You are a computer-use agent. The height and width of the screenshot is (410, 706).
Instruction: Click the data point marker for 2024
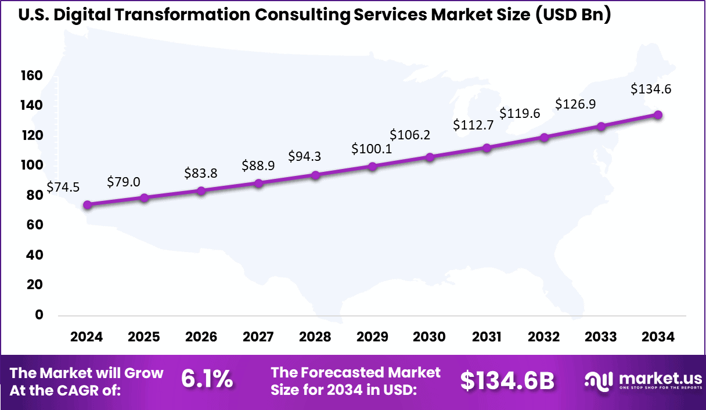tap(87, 204)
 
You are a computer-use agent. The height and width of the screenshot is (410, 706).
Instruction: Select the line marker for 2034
tap(658, 114)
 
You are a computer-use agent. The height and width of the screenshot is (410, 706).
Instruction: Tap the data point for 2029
tap(373, 166)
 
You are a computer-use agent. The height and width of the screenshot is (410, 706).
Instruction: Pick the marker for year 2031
tap(487, 148)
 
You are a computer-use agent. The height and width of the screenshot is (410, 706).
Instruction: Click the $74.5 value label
tap(63, 187)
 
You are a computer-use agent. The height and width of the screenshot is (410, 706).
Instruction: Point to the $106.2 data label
tap(410, 135)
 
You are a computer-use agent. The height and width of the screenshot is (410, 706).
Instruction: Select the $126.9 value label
tap(575, 104)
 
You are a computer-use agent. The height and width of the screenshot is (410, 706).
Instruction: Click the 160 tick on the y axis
tap(31, 75)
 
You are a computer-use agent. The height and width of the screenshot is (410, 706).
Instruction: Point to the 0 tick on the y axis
tap(39, 315)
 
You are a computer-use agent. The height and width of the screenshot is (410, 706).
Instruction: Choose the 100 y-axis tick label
tap(31, 166)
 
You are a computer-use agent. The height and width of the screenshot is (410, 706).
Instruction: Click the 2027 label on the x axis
tap(258, 337)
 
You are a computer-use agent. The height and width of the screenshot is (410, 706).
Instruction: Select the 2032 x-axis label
tap(544, 337)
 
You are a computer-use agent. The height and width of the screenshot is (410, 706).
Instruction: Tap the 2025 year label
tap(144, 337)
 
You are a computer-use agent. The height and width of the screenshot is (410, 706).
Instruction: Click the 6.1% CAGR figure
tap(207, 380)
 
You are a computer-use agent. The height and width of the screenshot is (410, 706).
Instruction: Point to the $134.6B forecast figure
tap(507, 380)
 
